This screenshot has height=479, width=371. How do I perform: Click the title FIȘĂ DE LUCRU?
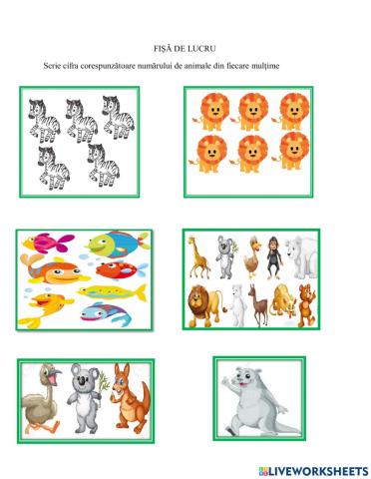[185, 49]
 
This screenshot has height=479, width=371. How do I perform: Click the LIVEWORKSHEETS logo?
[313, 471]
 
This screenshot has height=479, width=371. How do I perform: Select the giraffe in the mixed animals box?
[197, 257]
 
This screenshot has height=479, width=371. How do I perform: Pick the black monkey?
[274, 257]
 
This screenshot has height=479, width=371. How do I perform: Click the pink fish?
[49, 242]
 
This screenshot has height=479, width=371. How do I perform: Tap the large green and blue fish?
[117, 245]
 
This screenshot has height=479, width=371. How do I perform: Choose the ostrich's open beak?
[57, 373]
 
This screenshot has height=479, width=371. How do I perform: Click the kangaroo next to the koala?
[130, 399]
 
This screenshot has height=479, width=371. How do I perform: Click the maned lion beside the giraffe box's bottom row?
[204, 305]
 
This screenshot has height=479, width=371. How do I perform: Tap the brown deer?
[259, 304]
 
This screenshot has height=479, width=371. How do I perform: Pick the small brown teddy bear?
[306, 305]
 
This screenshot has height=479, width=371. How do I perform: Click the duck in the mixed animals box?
[253, 256]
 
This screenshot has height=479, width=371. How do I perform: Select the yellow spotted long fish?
[112, 292]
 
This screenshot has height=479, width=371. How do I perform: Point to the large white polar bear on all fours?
[301, 257]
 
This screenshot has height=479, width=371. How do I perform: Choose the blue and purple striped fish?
[106, 313]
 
